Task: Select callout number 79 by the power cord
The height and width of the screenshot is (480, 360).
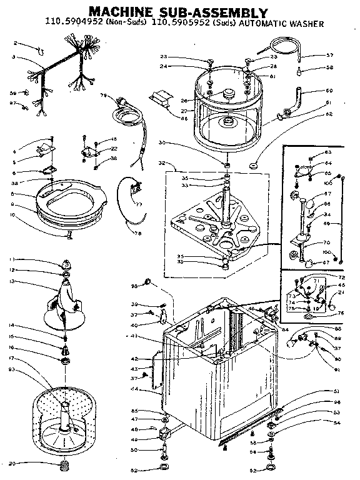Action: pos(103,96)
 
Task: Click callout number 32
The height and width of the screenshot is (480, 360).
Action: pos(161,163)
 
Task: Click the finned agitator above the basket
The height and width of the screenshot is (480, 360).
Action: pos(66,300)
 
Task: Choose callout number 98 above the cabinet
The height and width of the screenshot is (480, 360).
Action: pos(133,286)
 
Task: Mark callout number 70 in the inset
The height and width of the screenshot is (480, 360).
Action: pos(326,242)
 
